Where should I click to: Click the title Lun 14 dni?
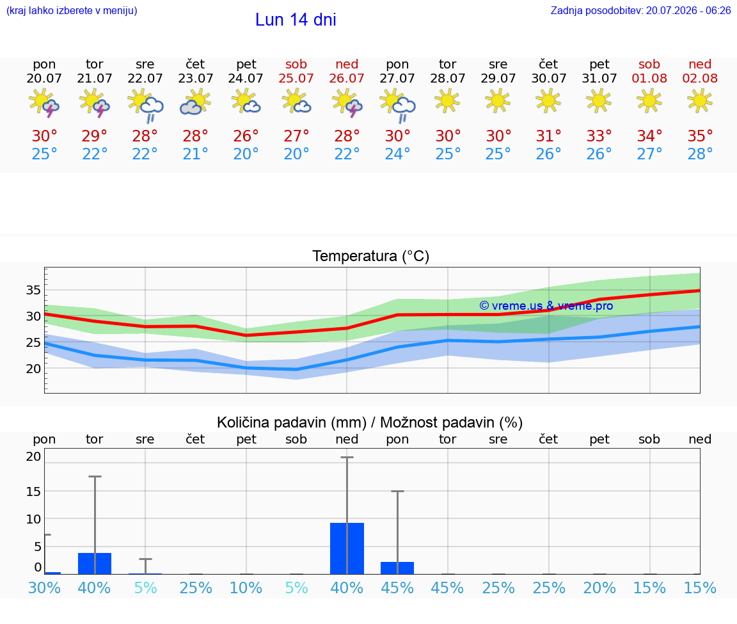(296, 20)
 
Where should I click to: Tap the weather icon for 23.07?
(195, 102)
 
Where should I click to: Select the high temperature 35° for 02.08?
(700, 136)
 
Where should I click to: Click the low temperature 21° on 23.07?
(195, 154)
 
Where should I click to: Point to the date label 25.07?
(296, 78)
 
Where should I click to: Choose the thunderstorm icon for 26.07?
(347, 102)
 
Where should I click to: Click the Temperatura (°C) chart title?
(371, 256)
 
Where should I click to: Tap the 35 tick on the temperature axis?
(33, 290)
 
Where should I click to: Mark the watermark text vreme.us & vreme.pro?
(546, 306)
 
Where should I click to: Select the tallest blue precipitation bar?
(347, 548)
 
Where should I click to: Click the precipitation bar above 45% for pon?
(397, 568)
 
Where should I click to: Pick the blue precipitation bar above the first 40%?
(95, 563)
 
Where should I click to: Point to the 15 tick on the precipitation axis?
(33, 492)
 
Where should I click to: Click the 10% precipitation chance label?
(246, 588)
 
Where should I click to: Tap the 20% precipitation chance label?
(599, 588)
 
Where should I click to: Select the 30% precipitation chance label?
(44, 588)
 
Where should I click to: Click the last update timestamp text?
(640, 10)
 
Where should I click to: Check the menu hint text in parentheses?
(72, 10)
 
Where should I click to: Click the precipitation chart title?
(370, 422)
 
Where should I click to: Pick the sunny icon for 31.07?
(599, 101)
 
